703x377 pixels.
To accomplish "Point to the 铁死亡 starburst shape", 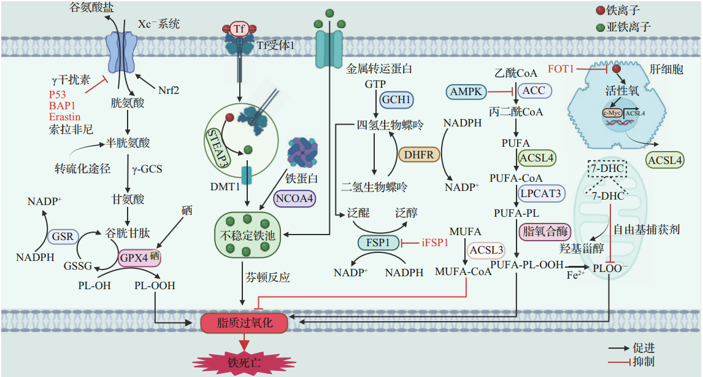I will click(x=244, y=361).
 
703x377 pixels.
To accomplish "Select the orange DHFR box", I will click(x=420, y=154).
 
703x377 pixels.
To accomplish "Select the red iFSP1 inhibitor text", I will click(x=435, y=243).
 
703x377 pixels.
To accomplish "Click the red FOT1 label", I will click(x=561, y=69).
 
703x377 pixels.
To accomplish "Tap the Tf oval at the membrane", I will click(x=240, y=29).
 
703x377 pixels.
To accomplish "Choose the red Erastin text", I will click(x=64, y=117).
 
